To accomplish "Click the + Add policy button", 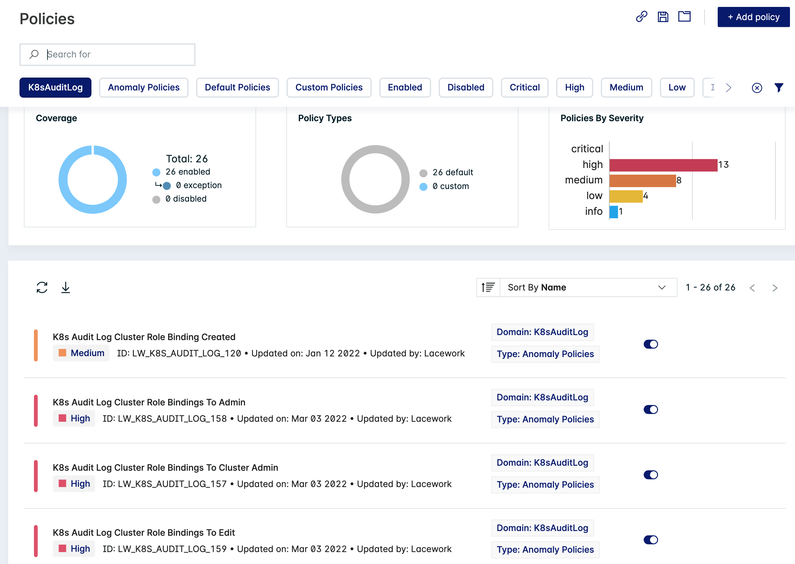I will point(753,17).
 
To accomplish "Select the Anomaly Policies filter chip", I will point(144,88).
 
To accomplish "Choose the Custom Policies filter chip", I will point(329,88).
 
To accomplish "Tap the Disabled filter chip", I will point(466,88).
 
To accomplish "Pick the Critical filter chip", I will point(524,88).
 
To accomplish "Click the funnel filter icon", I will point(779,88).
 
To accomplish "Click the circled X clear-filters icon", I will point(757,88).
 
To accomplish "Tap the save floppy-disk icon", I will point(663,17).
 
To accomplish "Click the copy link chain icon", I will point(641,17).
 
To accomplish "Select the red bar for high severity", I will point(663,165).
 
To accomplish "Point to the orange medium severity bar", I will point(642,181).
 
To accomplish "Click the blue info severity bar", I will point(614,212).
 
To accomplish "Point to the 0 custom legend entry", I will point(450,187).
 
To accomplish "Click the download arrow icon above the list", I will point(66,288).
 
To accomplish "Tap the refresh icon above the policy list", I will point(42,288).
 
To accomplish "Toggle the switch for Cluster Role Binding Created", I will point(650,344).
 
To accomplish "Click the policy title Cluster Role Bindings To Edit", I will point(144,533).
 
